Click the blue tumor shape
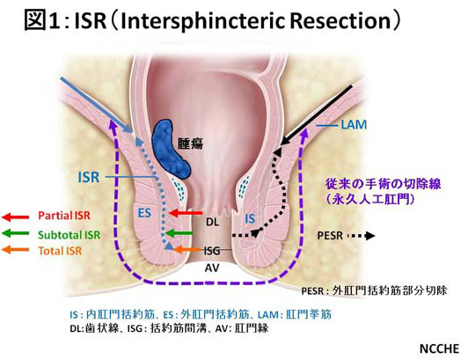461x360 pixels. (x=170, y=150)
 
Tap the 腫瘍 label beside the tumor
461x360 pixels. (x=190, y=143)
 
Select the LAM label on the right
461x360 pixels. (x=354, y=125)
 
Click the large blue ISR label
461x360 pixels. (x=89, y=177)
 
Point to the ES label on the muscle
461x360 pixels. (x=144, y=213)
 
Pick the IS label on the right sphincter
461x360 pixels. (x=250, y=218)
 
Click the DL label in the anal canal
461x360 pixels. (x=212, y=222)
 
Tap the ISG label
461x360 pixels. (x=212, y=250)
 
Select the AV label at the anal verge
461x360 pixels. (x=212, y=268)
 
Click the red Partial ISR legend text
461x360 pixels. (x=64, y=216)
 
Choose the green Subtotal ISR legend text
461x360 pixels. (x=70, y=235)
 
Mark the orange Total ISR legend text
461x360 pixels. (x=61, y=251)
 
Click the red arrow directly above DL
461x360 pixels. (x=186, y=213)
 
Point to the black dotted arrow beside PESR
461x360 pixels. (x=361, y=236)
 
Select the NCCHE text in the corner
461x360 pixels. (x=440, y=349)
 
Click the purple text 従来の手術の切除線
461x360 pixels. (x=383, y=184)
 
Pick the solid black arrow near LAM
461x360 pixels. (x=316, y=115)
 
